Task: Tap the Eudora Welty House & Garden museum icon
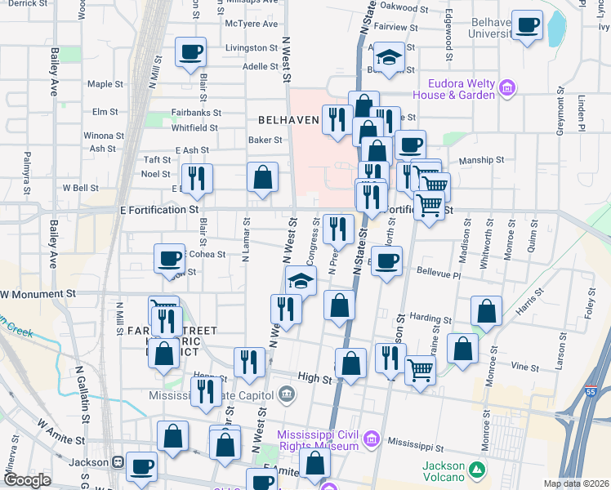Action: click(x=506, y=87)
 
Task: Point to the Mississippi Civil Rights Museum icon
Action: click(x=372, y=440)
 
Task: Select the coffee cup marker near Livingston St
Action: click(x=190, y=51)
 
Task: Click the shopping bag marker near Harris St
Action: click(x=486, y=310)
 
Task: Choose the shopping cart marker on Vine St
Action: click(x=420, y=369)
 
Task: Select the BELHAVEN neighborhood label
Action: click(x=288, y=119)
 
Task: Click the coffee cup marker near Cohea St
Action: click(x=169, y=258)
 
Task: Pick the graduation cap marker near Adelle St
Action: click(x=389, y=57)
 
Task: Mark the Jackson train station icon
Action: click(x=118, y=462)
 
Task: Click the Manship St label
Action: click(x=479, y=161)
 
